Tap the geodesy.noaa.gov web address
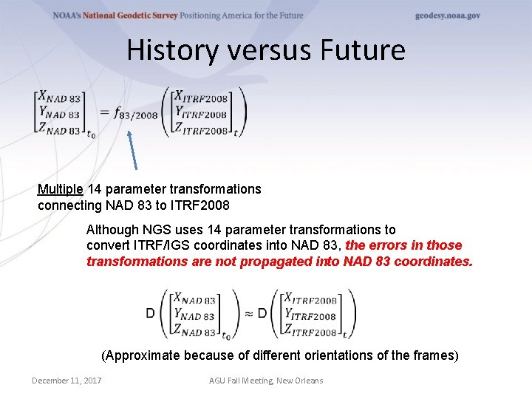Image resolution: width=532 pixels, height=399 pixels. pos(447,16)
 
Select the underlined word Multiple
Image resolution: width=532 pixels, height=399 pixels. pos(61,189)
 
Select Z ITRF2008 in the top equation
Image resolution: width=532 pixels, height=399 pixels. pos(202,131)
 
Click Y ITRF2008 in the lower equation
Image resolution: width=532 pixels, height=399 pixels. pos(311,316)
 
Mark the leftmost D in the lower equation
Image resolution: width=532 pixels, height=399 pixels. pos(150,313)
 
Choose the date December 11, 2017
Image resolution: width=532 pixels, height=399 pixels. pos(66,381)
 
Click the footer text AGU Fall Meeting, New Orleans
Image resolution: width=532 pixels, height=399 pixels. pos(267,381)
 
